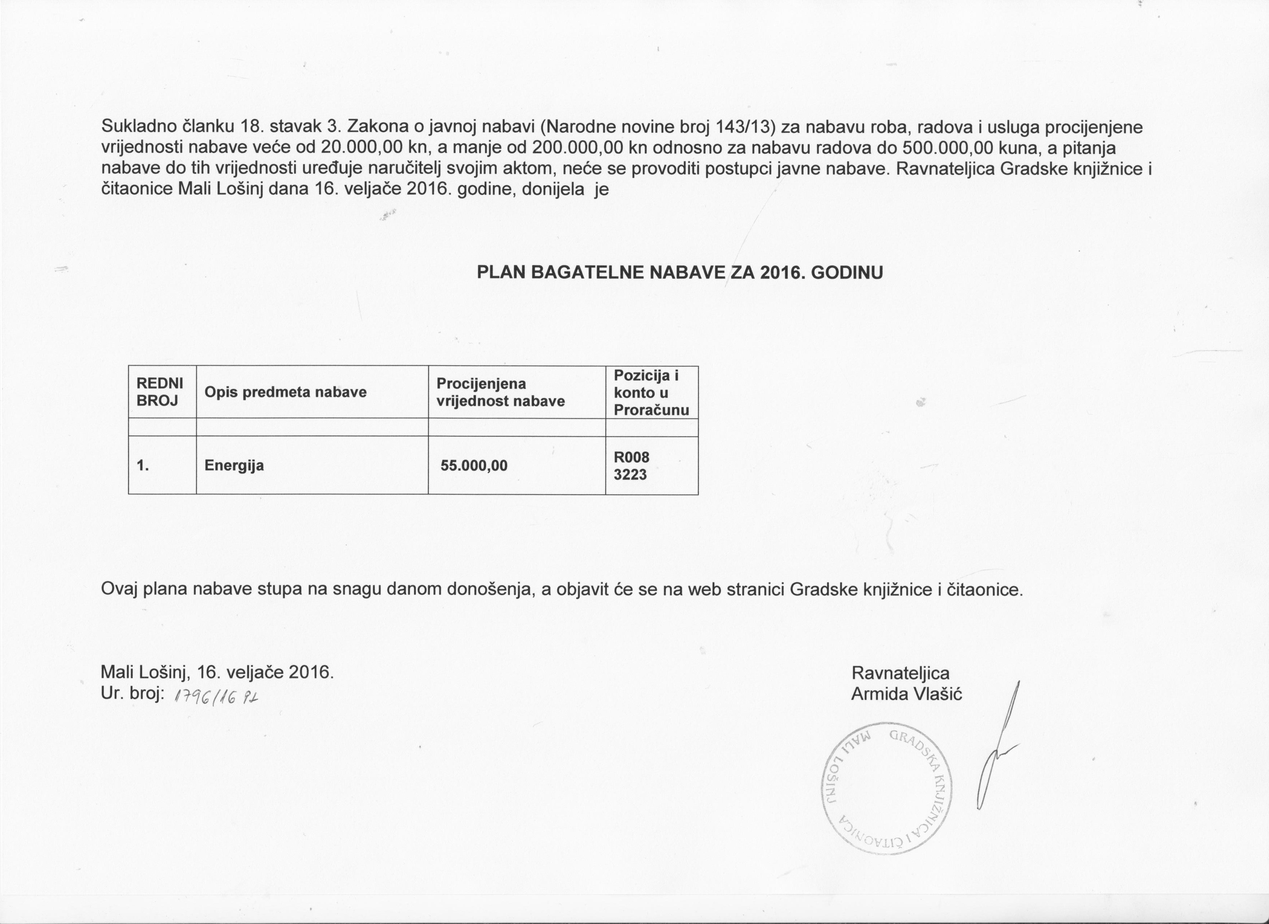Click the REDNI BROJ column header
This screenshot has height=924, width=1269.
pyautogui.click(x=159, y=392)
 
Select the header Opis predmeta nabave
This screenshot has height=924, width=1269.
pyautogui.click(x=285, y=392)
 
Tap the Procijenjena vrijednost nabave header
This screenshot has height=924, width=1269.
pyautogui.click(x=500, y=392)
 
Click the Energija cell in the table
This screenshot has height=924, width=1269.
pyautogui.click(x=234, y=465)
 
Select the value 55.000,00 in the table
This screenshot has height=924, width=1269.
pyautogui.click(x=474, y=465)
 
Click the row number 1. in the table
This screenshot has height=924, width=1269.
pyautogui.click(x=143, y=465)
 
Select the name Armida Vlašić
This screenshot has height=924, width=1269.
pyautogui.click(x=907, y=694)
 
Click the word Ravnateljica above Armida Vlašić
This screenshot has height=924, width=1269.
pyautogui.click(x=900, y=673)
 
